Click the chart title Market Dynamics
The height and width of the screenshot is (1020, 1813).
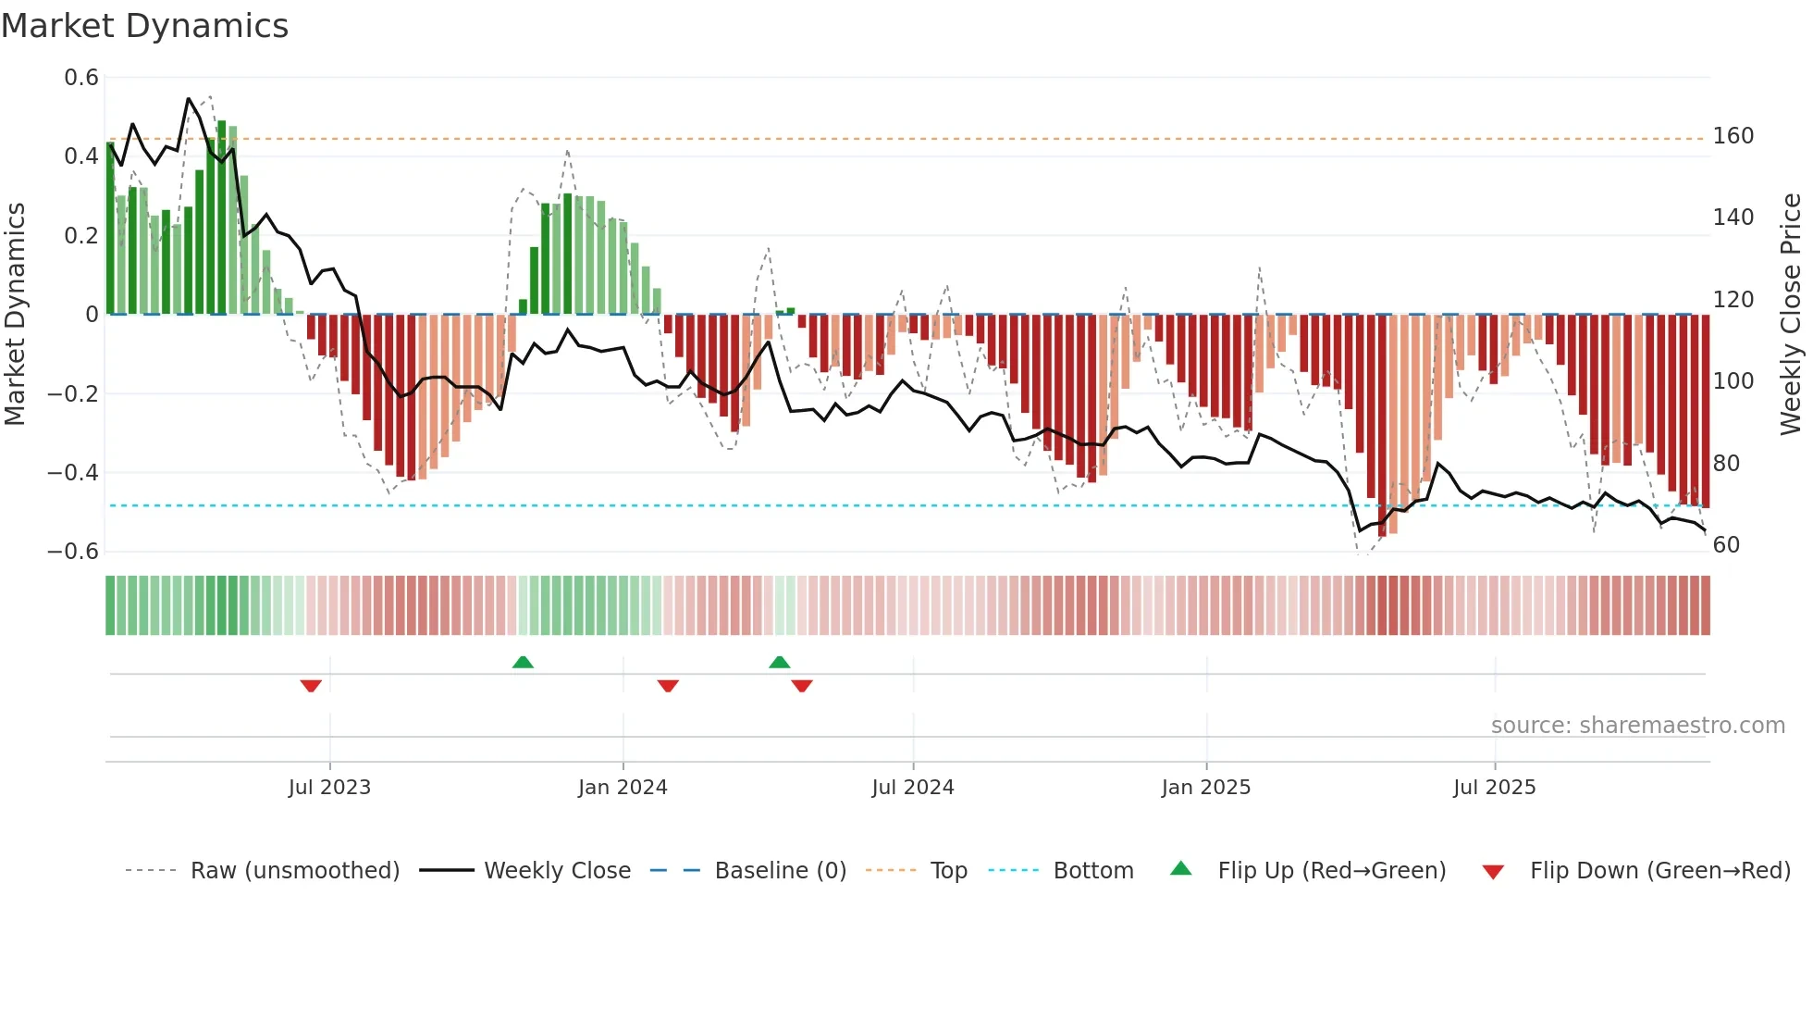click(144, 26)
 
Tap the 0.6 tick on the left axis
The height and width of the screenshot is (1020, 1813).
click(81, 78)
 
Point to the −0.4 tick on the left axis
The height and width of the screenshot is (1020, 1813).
click(73, 473)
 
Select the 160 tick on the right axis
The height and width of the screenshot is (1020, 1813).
click(1733, 136)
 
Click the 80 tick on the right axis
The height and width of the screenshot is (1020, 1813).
click(1726, 463)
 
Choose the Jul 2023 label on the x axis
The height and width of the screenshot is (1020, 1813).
click(329, 788)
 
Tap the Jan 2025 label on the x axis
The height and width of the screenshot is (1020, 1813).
click(1205, 788)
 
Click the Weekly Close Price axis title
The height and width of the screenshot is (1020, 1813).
click(1791, 315)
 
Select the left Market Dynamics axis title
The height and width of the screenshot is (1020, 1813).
click(15, 315)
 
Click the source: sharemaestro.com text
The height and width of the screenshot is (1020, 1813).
click(1637, 726)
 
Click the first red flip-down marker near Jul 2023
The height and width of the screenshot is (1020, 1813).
click(311, 686)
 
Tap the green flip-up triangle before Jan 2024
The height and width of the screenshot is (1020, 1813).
click(523, 662)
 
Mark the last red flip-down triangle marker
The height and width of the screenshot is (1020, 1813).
click(802, 686)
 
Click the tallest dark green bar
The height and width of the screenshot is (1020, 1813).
click(221, 218)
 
